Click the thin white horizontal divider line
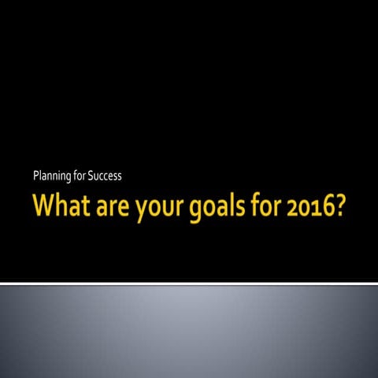coord(189,283)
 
